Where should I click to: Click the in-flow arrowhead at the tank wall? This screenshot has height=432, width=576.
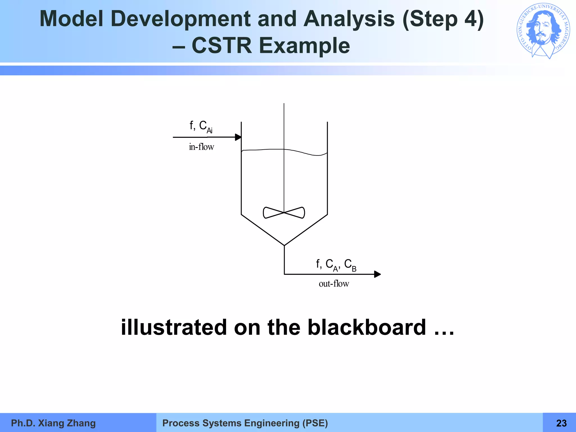[x=238, y=137]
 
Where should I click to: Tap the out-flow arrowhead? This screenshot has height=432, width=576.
[x=377, y=274]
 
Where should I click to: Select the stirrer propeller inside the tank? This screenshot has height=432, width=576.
[x=284, y=213]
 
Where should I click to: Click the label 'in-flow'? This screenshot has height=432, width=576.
[x=201, y=147]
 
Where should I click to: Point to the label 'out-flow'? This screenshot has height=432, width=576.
[x=334, y=283]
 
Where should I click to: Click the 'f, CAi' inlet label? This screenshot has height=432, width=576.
[x=201, y=126]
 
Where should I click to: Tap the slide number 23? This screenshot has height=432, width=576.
[x=561, y=423]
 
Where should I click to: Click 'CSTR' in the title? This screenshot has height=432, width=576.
[x=222, y=46]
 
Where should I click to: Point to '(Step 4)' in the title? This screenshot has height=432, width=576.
[x=443, y=19]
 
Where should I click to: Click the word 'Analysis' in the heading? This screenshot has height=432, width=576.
[x=349, y=19]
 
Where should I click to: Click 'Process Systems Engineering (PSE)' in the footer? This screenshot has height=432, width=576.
[x=245, y=423]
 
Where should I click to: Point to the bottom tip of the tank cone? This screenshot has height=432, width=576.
[x=284, y=245]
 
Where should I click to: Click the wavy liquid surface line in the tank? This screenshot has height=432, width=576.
[x=304, y=152]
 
